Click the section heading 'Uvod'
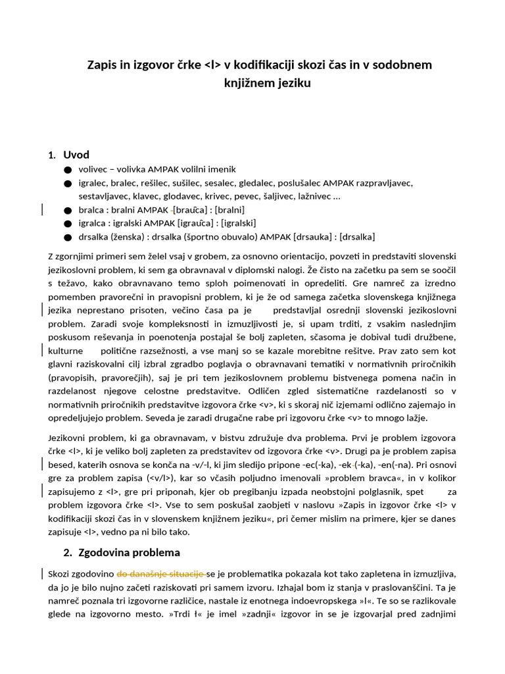point(76,155)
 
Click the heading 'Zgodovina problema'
point(129,552)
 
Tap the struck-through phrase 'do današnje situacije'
point(160,574)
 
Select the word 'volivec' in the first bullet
point(93,169)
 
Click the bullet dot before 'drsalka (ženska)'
point(68,238)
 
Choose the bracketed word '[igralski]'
point(239,223)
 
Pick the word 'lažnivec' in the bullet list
point(310,196)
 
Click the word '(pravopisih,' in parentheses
point(73,377)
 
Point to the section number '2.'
point(68,553)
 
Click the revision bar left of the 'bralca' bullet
point(43,210)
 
